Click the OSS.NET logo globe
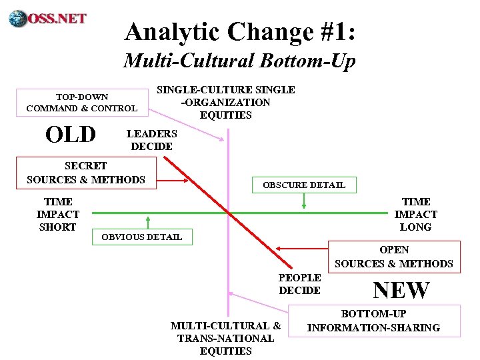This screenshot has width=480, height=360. [18, 17]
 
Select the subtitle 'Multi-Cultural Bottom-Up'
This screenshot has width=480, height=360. [239, 61]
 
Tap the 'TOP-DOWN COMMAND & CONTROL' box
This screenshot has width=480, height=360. [81, 102]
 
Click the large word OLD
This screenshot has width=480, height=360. [71, 135]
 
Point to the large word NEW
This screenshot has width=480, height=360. [401, 290]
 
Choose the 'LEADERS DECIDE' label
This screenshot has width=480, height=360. [151, 140]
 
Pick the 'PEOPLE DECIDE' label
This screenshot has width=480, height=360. [300, 284]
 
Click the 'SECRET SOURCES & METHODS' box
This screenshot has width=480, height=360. [85, 173]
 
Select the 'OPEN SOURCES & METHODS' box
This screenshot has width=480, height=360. [393, 257]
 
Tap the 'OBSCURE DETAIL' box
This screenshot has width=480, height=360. [304, 185]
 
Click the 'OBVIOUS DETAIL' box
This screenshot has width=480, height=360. [141, 237]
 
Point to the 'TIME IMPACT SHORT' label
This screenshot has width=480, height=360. [57, 214]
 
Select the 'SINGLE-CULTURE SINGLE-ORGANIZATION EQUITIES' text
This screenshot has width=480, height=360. [225, 102]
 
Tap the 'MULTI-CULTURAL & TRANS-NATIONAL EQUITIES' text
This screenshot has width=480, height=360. [225, 338]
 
